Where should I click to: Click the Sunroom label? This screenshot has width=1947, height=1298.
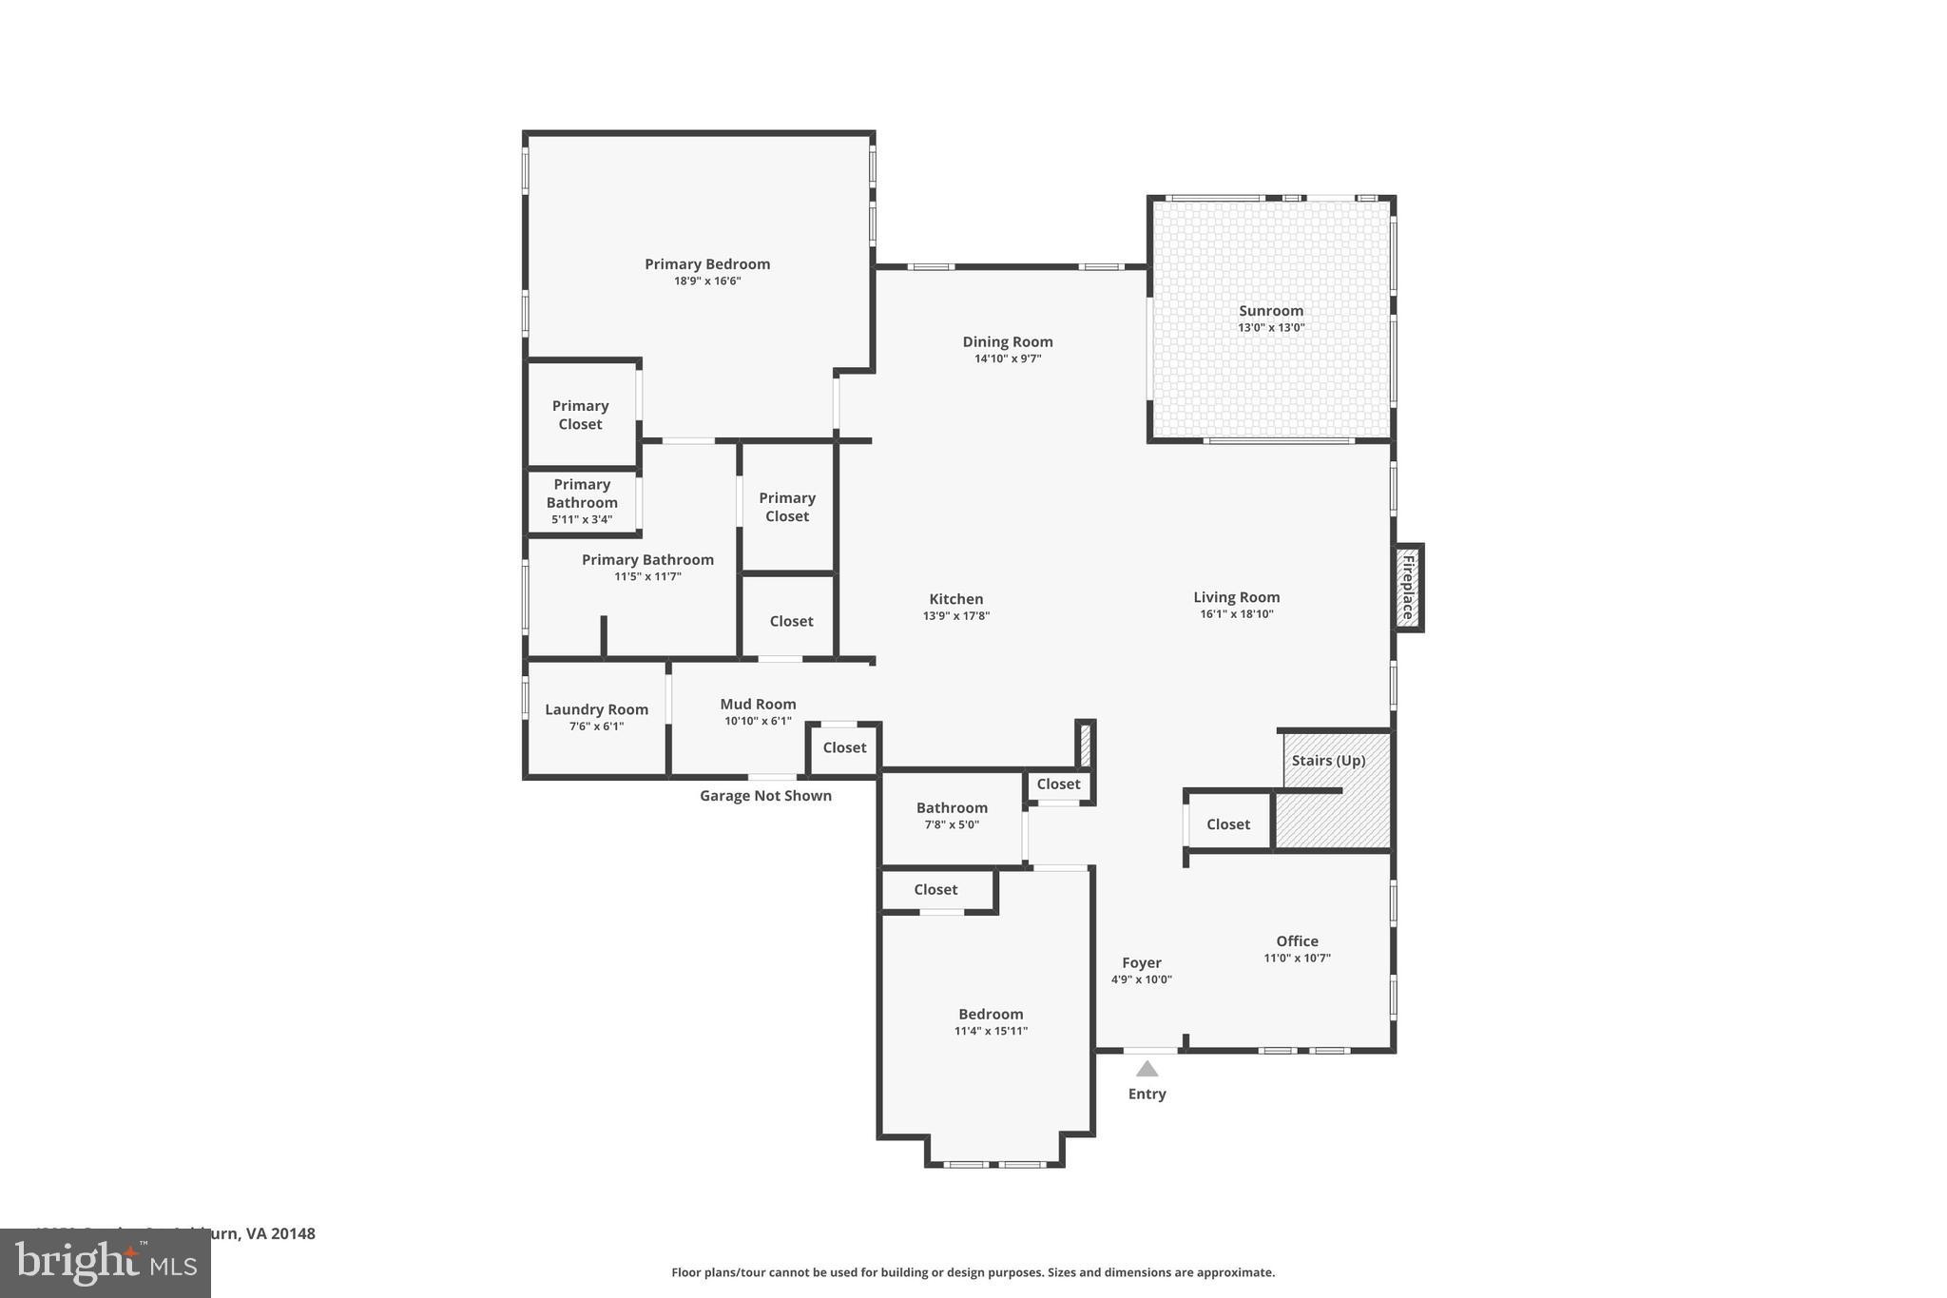coord(1270,311)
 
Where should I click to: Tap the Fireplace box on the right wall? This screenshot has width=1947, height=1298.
coord(1408,588)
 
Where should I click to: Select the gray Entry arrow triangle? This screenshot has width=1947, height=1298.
coord(1147,1069)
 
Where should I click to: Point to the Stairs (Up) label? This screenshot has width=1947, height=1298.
coord(1328,761)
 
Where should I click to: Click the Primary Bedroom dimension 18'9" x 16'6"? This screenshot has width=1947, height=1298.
coord(707,281)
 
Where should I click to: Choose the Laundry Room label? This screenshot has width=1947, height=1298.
coord(596,709)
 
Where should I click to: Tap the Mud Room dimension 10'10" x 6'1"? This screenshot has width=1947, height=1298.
coord(758,722)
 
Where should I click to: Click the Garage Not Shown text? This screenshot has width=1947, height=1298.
coord(765,796)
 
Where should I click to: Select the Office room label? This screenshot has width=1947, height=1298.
coord(1297,941)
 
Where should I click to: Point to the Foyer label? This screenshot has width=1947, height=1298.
coord(1141,962)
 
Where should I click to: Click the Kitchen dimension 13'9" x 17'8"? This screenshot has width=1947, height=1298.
coord(956,616)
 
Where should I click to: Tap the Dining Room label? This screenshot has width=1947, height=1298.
coord(1008,342)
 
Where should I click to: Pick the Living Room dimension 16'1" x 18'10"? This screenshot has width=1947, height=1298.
coord(1236,614)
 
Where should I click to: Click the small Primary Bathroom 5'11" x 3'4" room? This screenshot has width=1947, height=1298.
coord(582,501)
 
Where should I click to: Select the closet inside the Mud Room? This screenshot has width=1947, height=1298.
coord(844,748)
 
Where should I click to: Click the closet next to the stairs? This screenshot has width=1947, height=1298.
coord(1227,824)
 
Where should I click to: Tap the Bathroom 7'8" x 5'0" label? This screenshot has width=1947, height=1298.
coord(952,808)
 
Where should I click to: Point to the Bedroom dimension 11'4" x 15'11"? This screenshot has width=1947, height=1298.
coord(991,1032)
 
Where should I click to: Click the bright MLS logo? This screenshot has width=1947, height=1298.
coord(106,1263)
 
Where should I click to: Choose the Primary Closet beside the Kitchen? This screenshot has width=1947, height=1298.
coord(787,507)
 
